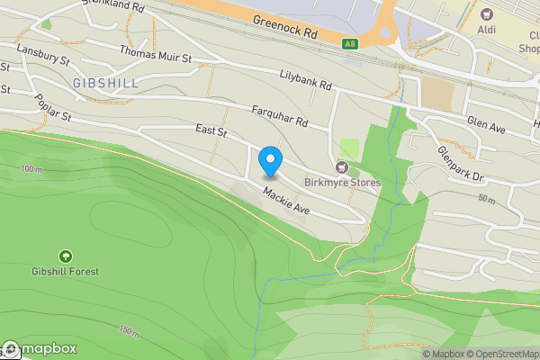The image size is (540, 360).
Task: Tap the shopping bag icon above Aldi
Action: [488, 14]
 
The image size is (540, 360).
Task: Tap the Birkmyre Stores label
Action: [342, 183]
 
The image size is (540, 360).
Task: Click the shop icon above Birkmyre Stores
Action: [341, 166]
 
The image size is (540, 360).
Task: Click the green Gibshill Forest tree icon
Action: [65, 256]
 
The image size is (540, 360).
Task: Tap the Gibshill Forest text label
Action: [65, 271]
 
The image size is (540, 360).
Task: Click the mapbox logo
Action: [40, 349]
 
